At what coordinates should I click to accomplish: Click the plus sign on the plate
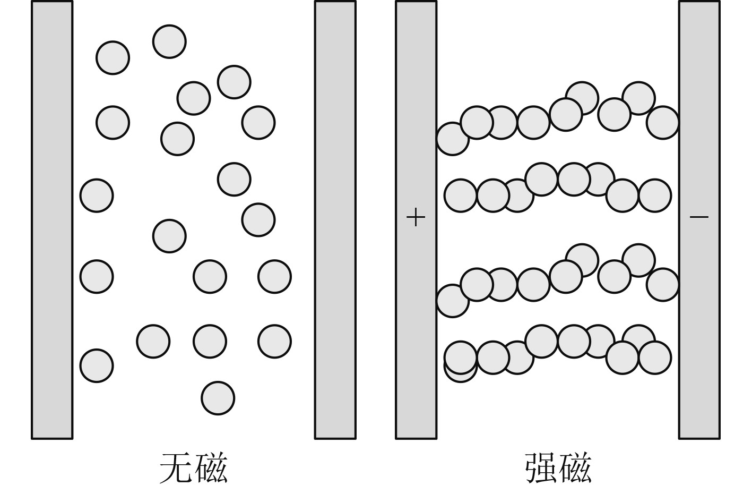[x=416, y=217]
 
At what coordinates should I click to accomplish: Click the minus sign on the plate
[x=699, y=217]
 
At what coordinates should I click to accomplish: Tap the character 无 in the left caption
[x=176, y=467]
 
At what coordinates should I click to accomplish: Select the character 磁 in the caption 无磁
[x=211, y=467]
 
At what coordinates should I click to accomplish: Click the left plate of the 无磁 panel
[x=52, y=219]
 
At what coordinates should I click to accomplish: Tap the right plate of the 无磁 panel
[x=335, y=219]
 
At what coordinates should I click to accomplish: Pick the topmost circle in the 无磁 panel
[x=169, y=41]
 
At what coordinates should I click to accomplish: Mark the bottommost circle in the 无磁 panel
[x=218, y=398]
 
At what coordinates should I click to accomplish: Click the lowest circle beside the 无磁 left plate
[x=97, y=365]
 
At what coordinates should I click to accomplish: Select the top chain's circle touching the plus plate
[x=452, y=139]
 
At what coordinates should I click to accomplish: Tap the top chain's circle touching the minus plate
[x=663, y=123]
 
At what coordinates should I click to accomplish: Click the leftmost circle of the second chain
[x=460, y=195]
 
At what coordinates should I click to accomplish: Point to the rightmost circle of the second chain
[x=655, y=195]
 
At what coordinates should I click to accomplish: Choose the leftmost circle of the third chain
[x=452, y=301]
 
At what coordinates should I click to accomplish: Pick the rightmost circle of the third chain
[x=663, y=285]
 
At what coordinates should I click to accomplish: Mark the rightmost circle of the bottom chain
[x=655, y=358]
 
